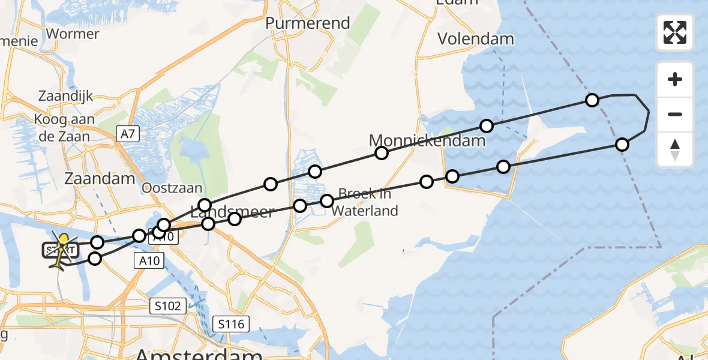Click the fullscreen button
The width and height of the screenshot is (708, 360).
coord(675,32)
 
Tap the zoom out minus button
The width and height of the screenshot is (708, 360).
coord(675,114)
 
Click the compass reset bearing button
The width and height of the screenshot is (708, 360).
coord(675,149)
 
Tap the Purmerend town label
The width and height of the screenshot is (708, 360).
coord(308,23)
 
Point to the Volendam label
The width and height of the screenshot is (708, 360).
coord(475,39)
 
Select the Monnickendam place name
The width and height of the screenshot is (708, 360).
coord(427,141)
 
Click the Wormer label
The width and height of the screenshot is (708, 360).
coord(72,34)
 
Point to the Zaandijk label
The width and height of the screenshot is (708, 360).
coord(66,96)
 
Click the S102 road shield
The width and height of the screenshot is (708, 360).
coord(166,307)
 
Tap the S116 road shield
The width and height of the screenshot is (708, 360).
coord(231,325)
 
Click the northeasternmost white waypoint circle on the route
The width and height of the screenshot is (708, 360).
coord(592,100)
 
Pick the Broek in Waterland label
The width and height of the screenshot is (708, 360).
coord(365,202)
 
